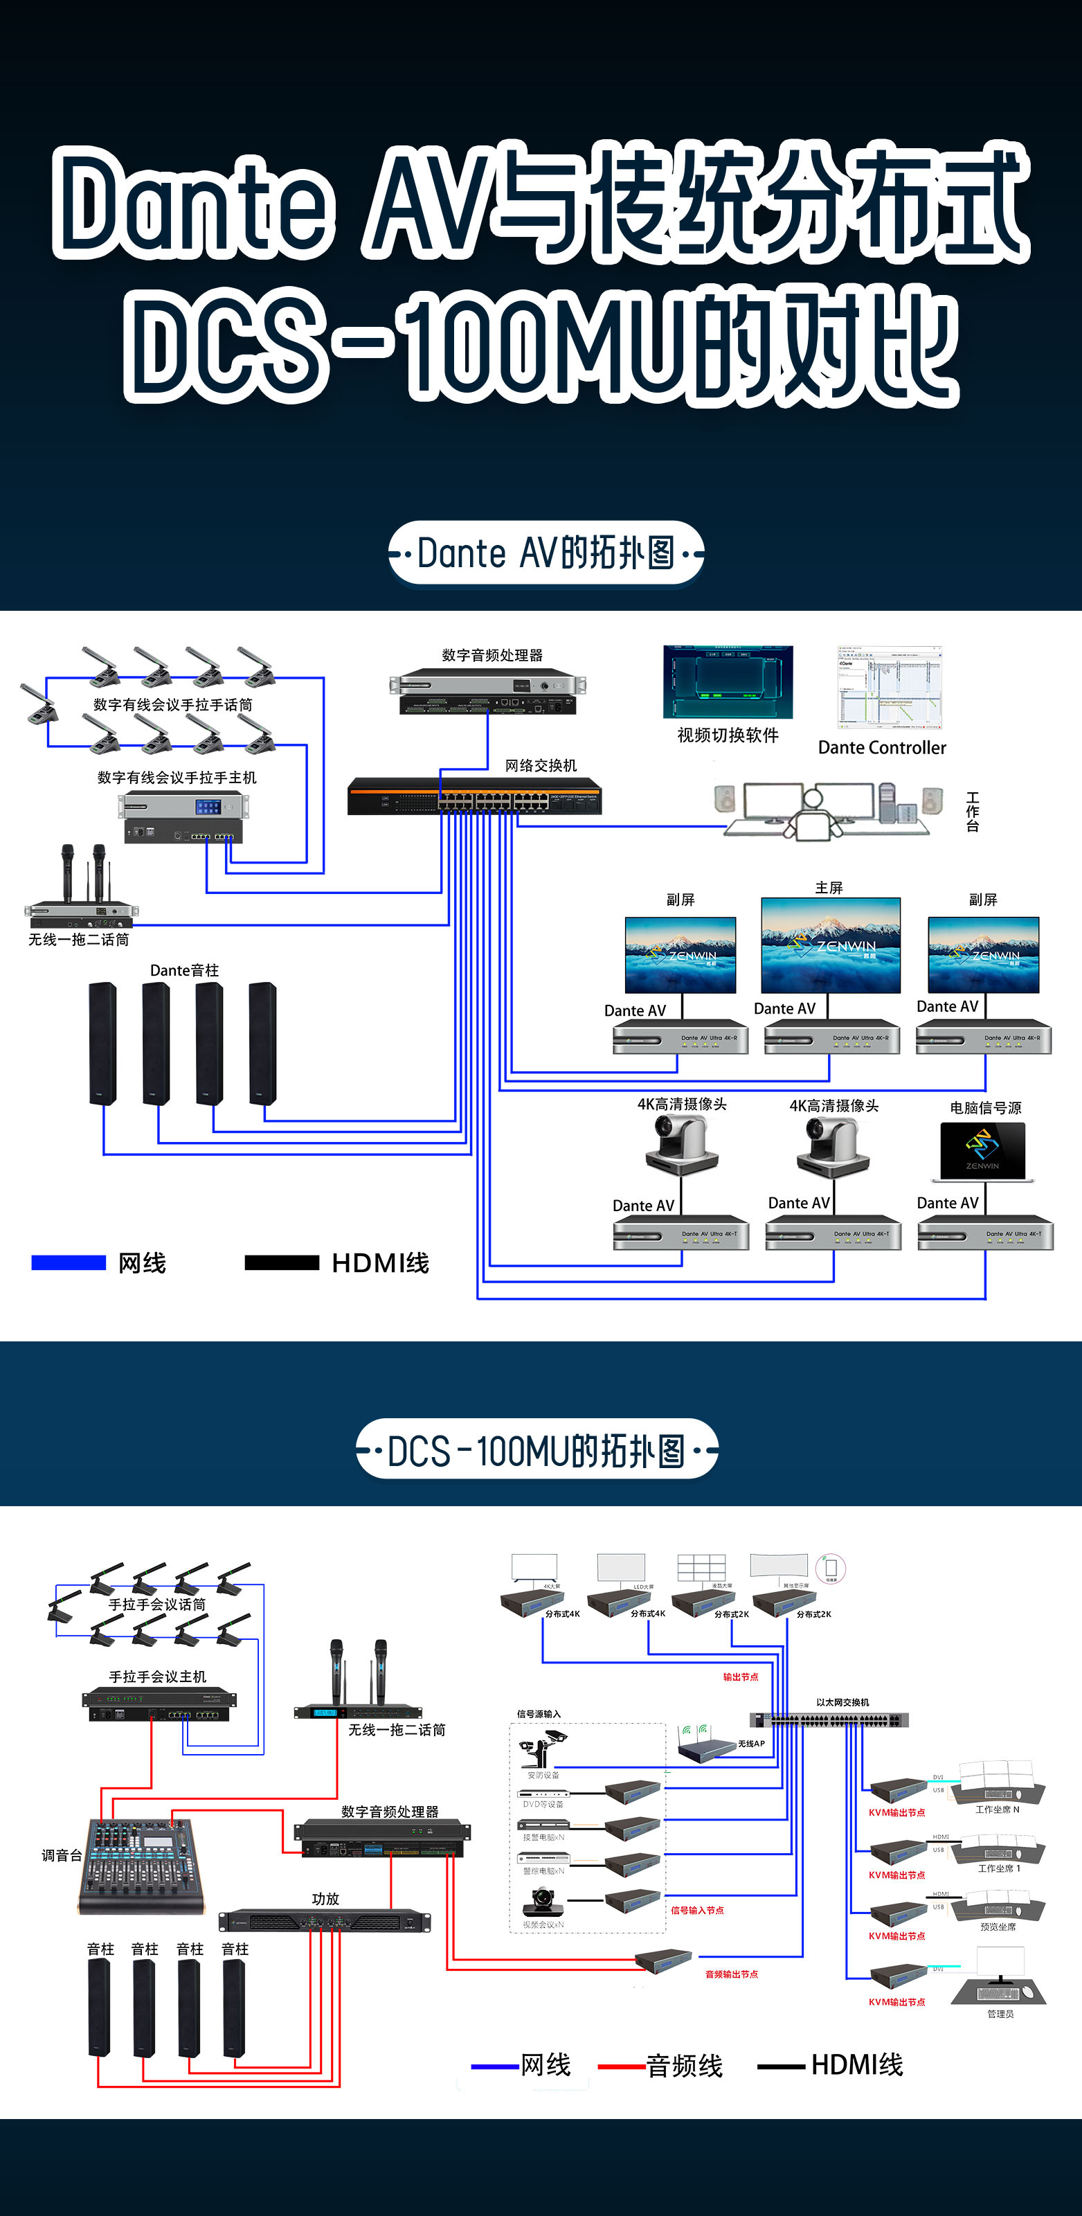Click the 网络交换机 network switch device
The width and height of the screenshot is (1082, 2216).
(x=474, y=796)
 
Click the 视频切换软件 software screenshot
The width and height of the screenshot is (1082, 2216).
(x=728, y=681)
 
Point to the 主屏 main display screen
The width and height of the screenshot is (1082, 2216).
(x=830, y=945)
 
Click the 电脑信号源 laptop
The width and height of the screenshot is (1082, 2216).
(x=982, y=1151)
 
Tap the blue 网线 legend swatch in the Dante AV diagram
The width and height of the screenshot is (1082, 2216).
(x=68, y=1262)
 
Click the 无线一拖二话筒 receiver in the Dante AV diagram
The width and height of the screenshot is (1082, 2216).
(x=80, y=913)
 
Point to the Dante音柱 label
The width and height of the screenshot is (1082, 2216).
(x=184, y=970)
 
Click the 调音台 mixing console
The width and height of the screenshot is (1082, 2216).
(x=141, y=1866)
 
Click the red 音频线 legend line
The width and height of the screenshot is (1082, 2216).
(x=621, y=2066)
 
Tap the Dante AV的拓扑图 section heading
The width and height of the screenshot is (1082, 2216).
(x=545, y=553)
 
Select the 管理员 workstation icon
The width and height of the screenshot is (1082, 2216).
(x=1000, y=1982)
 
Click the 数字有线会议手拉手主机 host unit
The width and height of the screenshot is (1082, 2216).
(x=183, y=818)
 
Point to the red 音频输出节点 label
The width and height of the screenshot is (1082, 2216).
(x=731, y=1974)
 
